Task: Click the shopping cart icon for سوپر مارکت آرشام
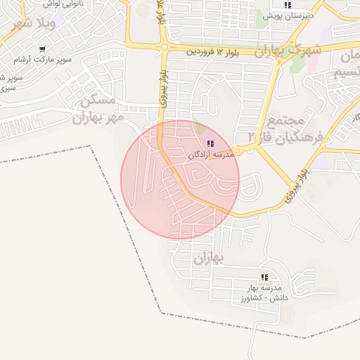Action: click(43, 49)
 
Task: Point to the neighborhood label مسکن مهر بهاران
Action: click(98, 109)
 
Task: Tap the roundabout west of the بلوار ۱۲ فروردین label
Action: click(164, 48)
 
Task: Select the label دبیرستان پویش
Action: click(287, 15)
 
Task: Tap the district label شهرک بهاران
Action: click(288, 51)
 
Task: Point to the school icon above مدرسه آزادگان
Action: click(210, 143)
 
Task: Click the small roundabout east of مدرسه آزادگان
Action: click(238, 150)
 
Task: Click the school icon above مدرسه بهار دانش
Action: click(264, 278)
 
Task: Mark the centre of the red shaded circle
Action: click(180, 179)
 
